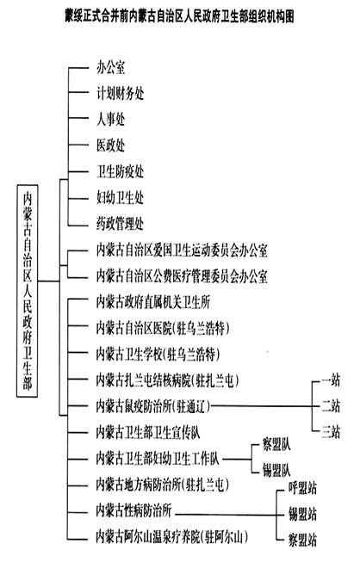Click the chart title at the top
pos(179,16)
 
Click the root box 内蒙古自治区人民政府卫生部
pos(27,291)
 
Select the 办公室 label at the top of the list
pos(110,68)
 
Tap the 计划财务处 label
pos(120,93)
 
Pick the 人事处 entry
pos(110,119)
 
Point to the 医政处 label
pos(110,145)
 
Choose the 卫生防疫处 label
pos(120,171)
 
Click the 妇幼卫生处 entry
pos(120,197)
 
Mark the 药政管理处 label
pos(120,224)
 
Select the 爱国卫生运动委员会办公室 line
pos(182,250)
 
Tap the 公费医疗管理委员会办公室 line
pos(182,276)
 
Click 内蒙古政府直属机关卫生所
pos(152,302)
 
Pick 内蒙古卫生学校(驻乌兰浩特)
pos(158,354)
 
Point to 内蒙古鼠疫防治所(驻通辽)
pos(152,406)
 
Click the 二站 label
pos(331,405)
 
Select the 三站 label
pos(331,432)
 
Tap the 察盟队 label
pos(276,444)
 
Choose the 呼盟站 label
pos(302,488)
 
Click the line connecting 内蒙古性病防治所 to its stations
pos(226,515)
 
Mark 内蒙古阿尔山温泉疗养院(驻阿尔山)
pos(172,536)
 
